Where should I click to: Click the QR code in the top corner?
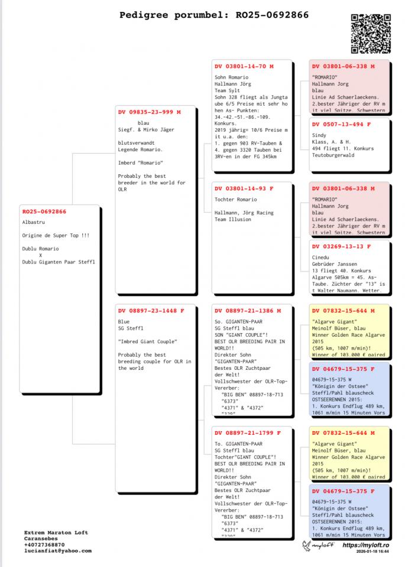tap(370, 34)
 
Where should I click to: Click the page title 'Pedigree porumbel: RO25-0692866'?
tap(213, 15)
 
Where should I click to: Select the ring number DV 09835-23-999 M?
tap(149, 112)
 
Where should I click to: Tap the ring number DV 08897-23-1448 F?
tap(151, 310)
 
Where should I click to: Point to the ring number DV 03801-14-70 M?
tap(244, 67)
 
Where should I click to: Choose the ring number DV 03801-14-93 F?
tap(244, 188)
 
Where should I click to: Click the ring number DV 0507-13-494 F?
tap(341, 124)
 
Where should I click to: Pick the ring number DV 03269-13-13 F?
tap(341, 246)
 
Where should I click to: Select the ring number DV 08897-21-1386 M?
tap(248, 310)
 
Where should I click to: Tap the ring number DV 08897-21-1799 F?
tap(247, 432)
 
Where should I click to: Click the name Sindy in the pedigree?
tap(319, 135)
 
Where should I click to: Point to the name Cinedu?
tap(320, 258)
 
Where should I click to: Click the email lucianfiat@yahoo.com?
tap(58, 550)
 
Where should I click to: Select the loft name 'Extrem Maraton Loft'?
tap(56, 533)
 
